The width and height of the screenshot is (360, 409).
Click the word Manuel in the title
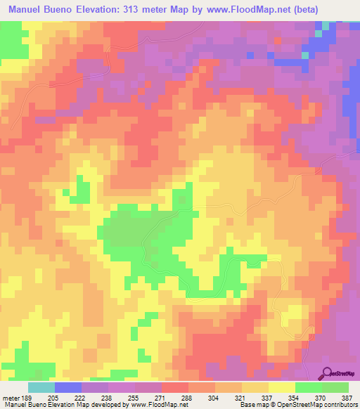click(x=28, y=10)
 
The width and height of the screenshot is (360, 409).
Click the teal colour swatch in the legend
click(x=41, y=387)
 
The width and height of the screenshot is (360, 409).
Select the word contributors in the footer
click(x=339, y=403)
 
